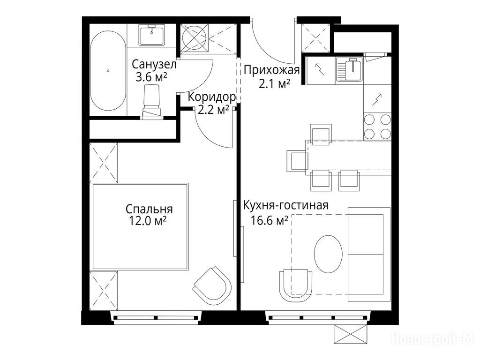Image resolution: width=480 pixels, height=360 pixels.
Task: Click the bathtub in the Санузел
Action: coord(108,70)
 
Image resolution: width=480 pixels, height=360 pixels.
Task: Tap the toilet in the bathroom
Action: coord(152,101)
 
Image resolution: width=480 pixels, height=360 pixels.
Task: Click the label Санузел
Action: coord(154,65)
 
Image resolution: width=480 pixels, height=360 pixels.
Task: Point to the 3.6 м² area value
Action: coord(151,77)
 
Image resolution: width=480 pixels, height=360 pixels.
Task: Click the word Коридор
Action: coord(212,97)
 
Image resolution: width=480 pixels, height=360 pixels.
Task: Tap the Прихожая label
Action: coord(271,71)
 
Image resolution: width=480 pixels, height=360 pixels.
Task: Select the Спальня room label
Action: coord(149,210)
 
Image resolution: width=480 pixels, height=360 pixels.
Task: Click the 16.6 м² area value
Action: coord(270,220)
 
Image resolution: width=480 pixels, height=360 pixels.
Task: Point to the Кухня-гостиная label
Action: coord(285,205)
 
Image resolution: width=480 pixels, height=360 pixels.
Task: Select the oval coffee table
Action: coord(329,254)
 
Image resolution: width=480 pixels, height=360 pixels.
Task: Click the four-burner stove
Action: coord(377,127)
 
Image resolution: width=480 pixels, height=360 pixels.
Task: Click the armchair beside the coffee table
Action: coord(296,285)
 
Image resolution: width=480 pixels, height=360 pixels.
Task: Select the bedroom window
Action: coord(156,317)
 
